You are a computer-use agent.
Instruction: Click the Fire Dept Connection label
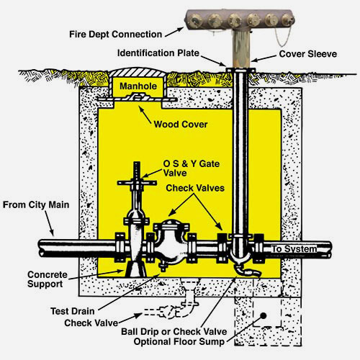coord(115,35)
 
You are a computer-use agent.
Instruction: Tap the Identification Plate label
coord(158,53)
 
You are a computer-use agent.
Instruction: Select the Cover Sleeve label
coord(308,54)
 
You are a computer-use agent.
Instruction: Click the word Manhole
coord(138,86)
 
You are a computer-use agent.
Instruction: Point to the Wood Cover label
coord(181,125)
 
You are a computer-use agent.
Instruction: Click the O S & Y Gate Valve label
coord(192,168)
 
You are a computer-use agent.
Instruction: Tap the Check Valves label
coord(195,188)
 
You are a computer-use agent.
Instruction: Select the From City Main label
coord(36,205)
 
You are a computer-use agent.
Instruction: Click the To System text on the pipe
coord(294,249)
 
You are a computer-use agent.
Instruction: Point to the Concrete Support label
coord(48,279)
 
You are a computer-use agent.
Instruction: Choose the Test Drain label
coord(73,311)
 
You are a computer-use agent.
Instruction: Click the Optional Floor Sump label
coord(179,342)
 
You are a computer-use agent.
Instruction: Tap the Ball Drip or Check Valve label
coord(174,332)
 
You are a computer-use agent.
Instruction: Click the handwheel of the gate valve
coord(137,183)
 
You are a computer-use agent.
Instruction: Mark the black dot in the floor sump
coord(264,316)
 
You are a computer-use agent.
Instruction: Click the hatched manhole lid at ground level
coord(138,72)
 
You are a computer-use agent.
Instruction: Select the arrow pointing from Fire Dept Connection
coord(174,32)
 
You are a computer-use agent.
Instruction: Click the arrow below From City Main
coord(49,223)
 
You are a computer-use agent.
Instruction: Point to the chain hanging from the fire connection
coord(284,36)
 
